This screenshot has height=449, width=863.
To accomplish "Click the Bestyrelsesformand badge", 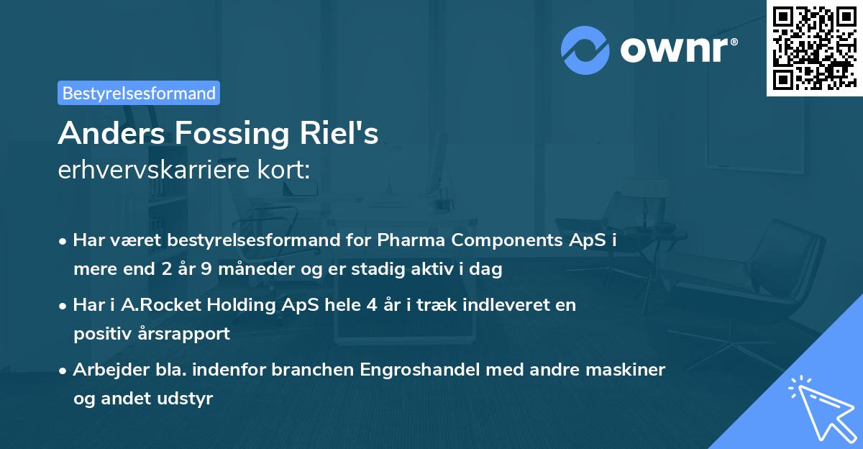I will pyautogui.click(x=139, y=93).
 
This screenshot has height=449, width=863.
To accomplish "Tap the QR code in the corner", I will pyautogui.click(x=813, y=47).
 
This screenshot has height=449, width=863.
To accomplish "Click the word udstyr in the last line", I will pyautogui.click(x=189, y=399).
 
